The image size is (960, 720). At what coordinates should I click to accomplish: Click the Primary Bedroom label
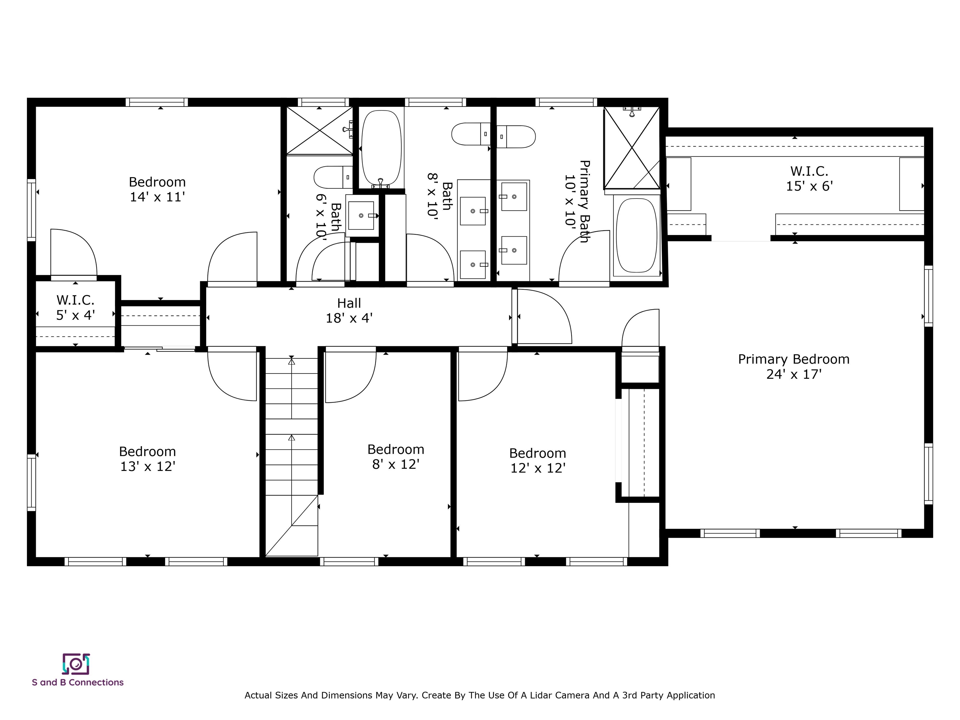793,359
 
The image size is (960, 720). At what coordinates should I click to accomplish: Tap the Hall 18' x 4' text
349,311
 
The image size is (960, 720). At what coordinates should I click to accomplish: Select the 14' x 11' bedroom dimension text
157,197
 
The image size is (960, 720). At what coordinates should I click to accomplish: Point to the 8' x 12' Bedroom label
395,457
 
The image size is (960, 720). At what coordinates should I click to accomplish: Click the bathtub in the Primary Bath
636,236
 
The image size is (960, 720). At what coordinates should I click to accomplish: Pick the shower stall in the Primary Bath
632,147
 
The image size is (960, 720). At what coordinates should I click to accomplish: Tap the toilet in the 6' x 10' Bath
332,177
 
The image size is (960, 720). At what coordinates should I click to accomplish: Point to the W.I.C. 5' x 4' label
76,307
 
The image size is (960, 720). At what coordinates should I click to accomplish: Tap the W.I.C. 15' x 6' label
809,178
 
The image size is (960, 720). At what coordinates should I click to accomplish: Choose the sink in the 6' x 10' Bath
361,215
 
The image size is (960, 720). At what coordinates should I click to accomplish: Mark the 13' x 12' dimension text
147,467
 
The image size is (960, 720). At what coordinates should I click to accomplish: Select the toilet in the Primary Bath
516,136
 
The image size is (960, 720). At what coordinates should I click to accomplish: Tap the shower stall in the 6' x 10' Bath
319,130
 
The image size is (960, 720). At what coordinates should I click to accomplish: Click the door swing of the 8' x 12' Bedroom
349,376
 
